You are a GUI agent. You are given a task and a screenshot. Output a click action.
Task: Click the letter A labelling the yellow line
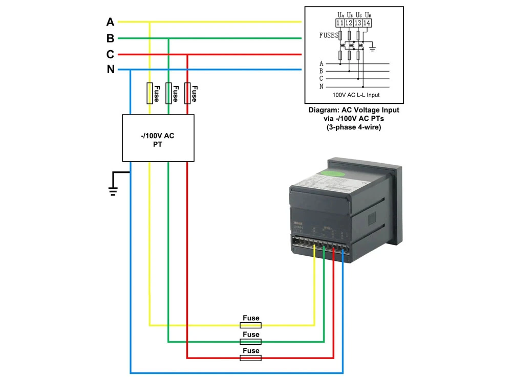pos(110,22)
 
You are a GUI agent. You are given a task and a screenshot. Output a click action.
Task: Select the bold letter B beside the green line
pos(110,38)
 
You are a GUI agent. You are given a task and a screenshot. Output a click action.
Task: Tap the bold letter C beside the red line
pos(110,54)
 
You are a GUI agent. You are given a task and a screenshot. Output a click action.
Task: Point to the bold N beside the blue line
pos(111,70)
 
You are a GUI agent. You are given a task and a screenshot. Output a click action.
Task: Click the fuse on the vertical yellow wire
pos(150,93)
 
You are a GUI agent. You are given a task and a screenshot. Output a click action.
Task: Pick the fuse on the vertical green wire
pos(168,93)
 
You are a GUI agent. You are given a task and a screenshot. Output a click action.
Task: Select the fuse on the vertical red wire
pos(187,93)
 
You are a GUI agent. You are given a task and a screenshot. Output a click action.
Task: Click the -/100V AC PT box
pos(158,138)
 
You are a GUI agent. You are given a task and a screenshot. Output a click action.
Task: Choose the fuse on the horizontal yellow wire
pos(251,325)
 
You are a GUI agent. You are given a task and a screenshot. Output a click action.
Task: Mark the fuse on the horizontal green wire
pos(251,341)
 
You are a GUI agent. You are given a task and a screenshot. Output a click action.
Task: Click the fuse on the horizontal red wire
pos(251,358)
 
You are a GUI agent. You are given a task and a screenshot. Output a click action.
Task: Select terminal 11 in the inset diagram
pos(340,23)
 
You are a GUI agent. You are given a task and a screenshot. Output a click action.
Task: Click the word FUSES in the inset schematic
pos(328,36)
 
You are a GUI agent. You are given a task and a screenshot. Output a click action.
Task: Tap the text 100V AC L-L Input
pos(356,95)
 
